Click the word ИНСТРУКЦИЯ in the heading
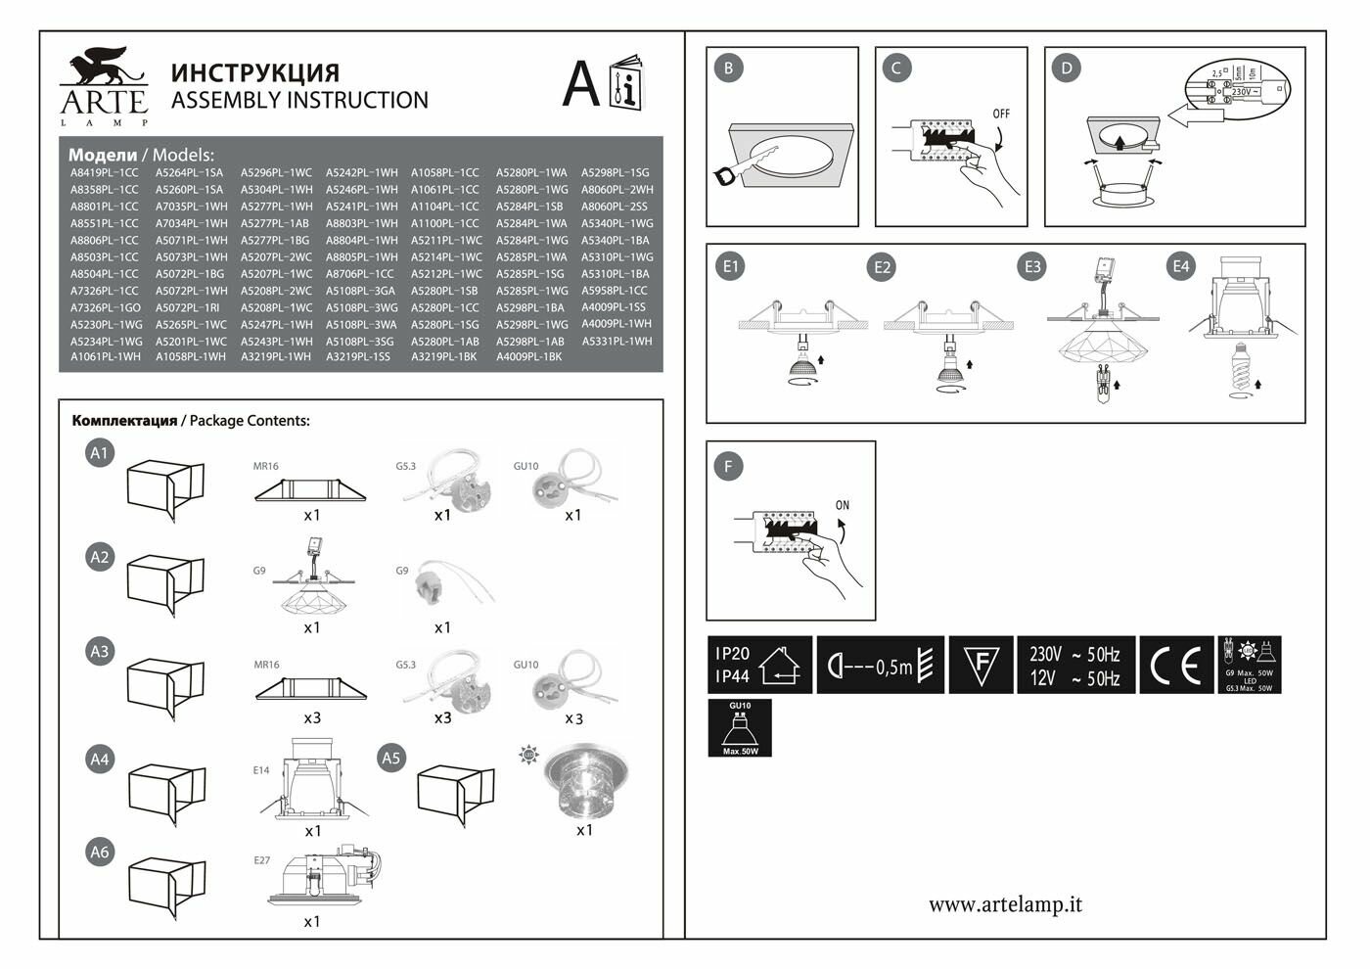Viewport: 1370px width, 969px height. pos(255,72)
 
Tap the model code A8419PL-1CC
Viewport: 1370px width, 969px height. pos(105,173)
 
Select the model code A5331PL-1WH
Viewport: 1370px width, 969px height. pos(616,342)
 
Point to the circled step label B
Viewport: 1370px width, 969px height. pos(728,68)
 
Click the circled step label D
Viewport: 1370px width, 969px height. pos(1067,68)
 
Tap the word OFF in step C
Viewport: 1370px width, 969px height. pos(1001,114)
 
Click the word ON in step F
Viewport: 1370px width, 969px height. pos(843,505)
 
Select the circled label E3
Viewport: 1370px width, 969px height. pos(1032,266)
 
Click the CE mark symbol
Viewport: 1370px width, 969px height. pos(1175,666)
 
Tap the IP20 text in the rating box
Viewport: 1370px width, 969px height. pos(733,654)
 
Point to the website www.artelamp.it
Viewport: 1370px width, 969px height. pos(1005,904)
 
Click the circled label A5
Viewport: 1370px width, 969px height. pos(391,758)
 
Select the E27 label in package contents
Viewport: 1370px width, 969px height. pos(261,860)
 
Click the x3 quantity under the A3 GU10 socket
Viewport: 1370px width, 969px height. pos(573,719)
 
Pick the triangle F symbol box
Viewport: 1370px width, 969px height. pos(981,666)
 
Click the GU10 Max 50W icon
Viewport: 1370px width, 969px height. pos(740,728)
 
